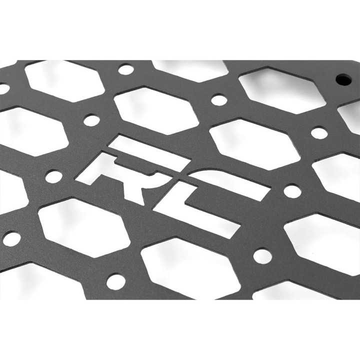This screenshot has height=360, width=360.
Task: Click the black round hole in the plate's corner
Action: (343, 79)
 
